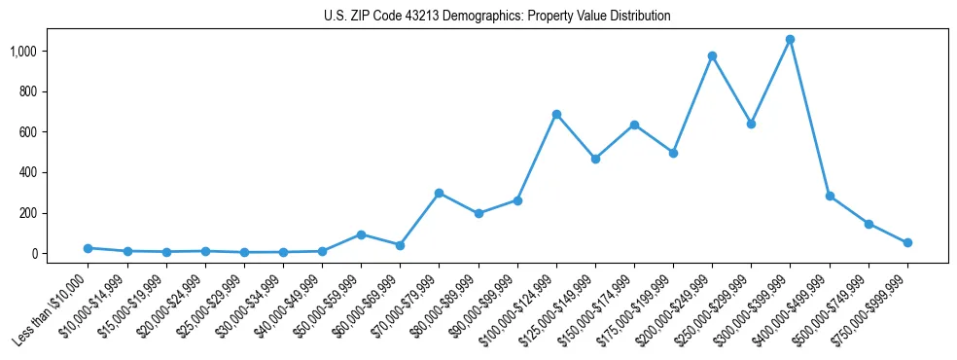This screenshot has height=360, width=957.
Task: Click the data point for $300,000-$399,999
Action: (790, 40)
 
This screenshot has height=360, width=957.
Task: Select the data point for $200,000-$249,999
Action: (712, 55)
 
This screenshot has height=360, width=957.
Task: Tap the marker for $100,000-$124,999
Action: (556, 114)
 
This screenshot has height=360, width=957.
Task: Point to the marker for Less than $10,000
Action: (89, 248)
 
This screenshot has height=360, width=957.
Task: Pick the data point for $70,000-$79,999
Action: (439, 193)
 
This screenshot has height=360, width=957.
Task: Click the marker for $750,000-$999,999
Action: (907, 242)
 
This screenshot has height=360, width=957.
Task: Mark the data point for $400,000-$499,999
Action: (830, 196)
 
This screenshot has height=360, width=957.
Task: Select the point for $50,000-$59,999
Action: (361, 234)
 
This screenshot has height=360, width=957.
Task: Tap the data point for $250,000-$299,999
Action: (751, 124)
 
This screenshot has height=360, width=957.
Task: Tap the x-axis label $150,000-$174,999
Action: (594, 310)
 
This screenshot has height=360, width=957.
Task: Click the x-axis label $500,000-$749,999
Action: (829, 310)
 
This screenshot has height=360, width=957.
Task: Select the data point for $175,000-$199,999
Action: (673, 153)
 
